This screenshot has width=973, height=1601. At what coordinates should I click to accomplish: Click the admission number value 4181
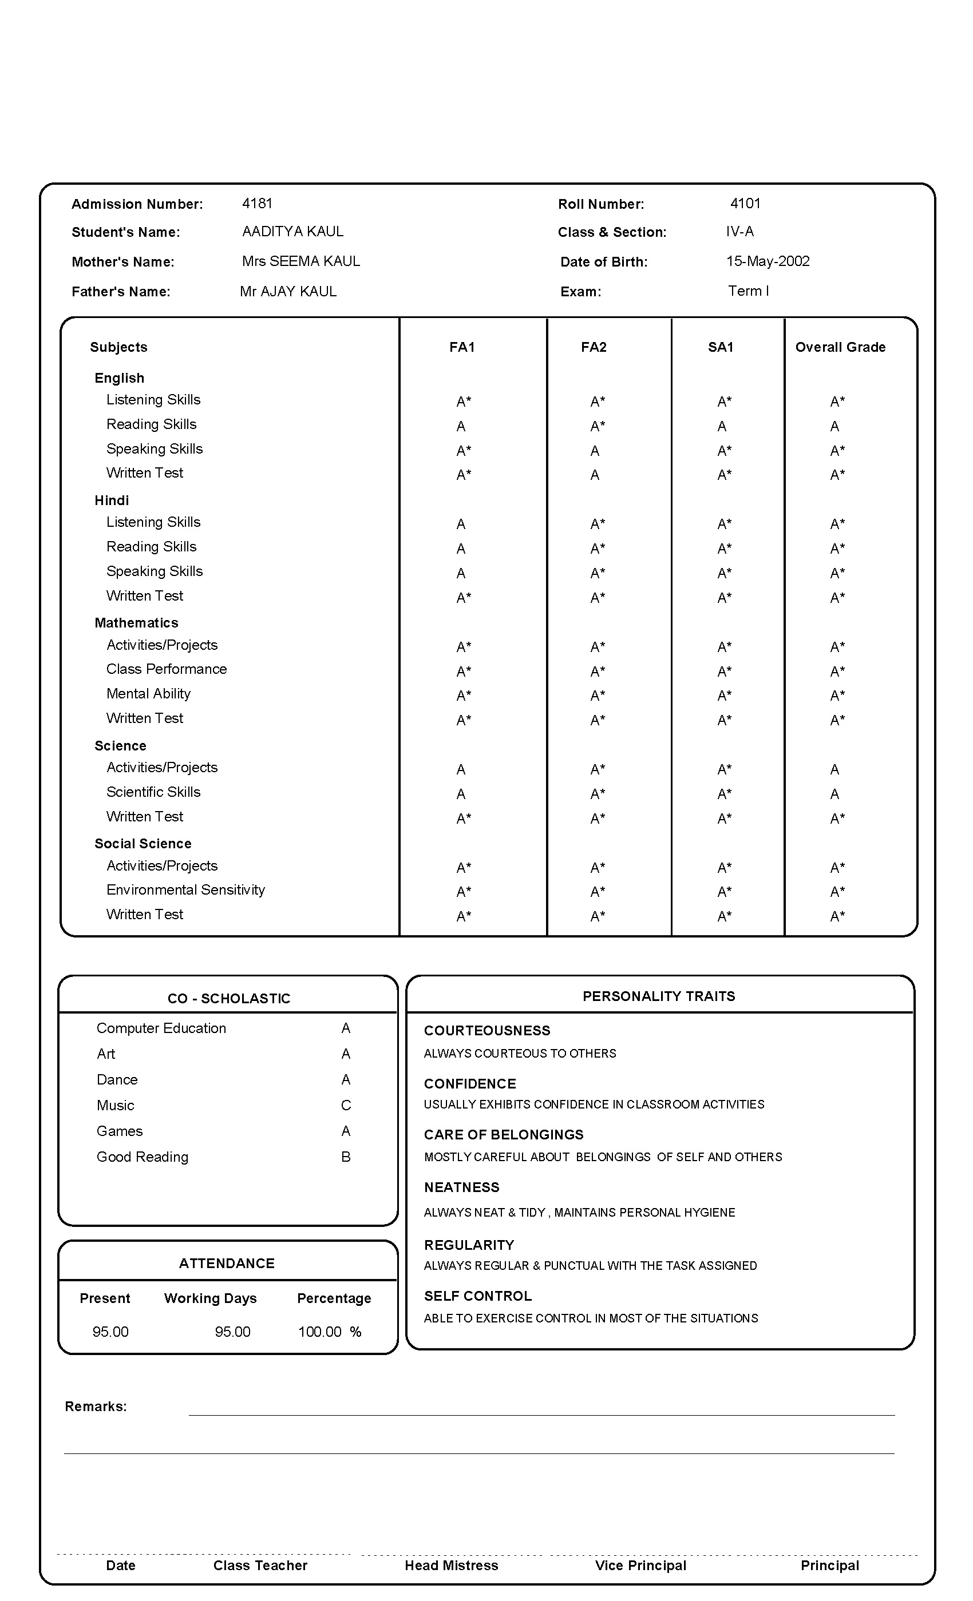[257, 204]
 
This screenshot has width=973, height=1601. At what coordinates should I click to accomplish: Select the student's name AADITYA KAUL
[292, 231]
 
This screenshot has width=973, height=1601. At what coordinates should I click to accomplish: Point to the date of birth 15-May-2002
[768, 261]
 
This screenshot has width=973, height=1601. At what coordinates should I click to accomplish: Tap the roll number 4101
[745, 204]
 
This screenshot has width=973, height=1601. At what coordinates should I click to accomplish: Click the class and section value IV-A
[739, 231]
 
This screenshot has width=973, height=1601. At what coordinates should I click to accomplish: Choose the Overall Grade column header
[840, 347]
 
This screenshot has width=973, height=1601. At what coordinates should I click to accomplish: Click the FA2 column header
[594, 347]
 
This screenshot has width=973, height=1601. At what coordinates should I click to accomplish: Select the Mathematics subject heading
[136, 622]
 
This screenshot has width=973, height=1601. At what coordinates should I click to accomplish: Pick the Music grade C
[346, 1105]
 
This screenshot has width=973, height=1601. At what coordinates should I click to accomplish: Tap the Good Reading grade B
[346, 1157]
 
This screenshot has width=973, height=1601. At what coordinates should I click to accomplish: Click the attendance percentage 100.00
[320, 1332]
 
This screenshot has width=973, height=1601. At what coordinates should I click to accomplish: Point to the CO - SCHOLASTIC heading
[229, 998]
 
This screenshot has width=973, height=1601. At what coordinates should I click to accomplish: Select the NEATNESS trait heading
[461, 1187]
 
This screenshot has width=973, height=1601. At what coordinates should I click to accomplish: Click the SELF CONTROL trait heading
[478, 1296]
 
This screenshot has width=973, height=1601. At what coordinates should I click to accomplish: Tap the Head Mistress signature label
[451, 1566]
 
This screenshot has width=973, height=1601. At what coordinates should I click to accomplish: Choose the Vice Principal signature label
[640, 1566]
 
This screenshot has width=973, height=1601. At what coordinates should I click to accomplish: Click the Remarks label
[96, 1406]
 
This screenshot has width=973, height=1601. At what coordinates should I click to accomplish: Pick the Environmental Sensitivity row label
[185, 889]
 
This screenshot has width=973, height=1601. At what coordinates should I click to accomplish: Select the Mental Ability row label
[148, 693]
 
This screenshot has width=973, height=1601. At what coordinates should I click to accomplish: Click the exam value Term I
[748, 291]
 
